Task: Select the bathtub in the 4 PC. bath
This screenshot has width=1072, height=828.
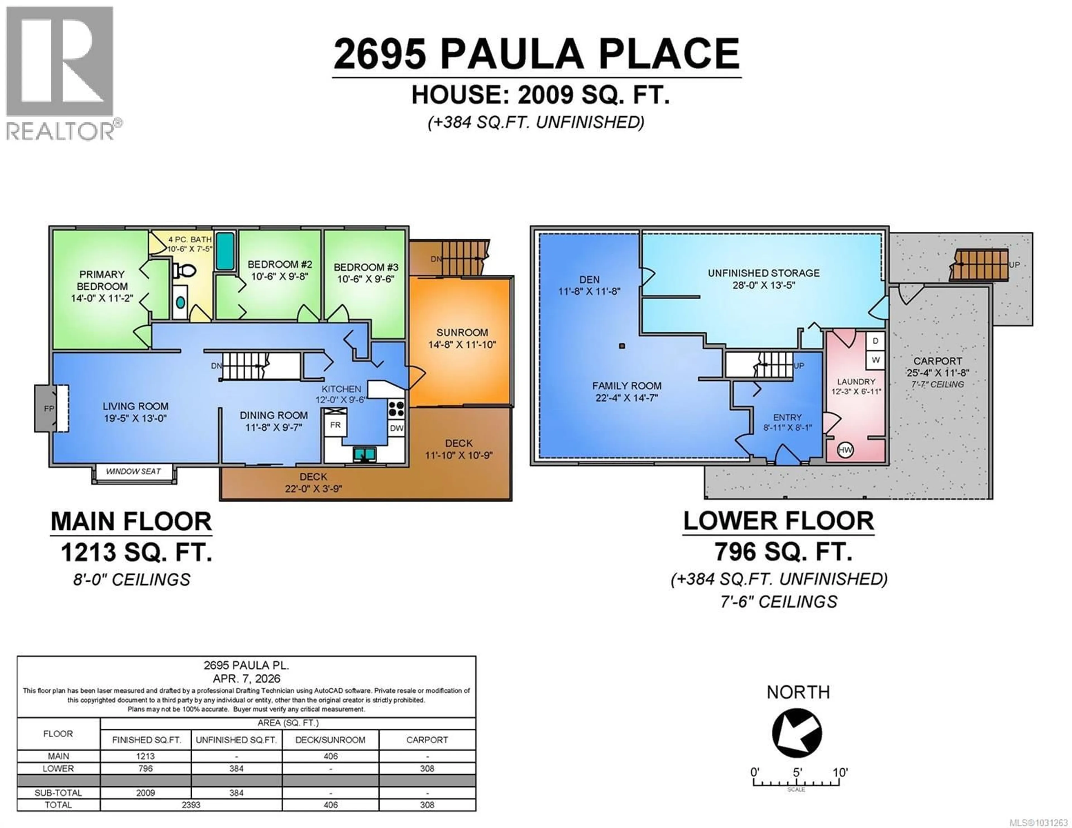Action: click(225, 251)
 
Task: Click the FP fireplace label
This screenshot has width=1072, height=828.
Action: click(49, 408)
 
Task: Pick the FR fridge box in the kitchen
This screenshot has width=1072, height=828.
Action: click(335, 425)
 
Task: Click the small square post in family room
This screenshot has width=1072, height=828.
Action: click(622, 346)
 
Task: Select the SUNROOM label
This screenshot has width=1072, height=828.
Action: click(462, 332)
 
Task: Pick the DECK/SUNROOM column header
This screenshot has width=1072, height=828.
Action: click(330, 740)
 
